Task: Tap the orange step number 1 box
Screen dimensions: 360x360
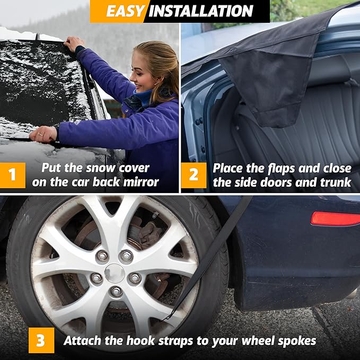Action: [12, 175]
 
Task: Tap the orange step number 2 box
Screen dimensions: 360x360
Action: [194, 175]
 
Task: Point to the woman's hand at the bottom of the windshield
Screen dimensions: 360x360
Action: [43, 135]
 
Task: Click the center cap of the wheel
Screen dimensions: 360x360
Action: [115, 273]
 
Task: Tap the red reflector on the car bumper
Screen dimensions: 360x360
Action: [335, 218]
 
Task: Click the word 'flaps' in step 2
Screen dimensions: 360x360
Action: [282, 169]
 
